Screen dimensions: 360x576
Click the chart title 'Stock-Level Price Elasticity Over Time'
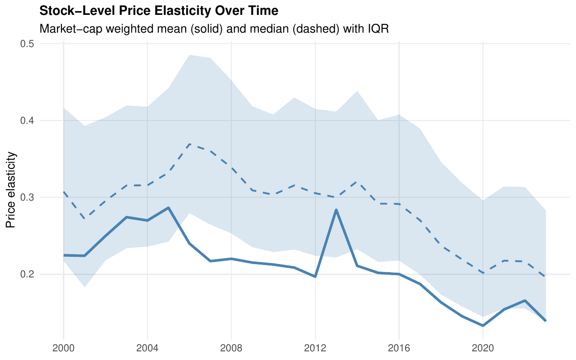[x=158, y=11]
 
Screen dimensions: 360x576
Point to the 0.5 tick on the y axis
[x=29, y=44]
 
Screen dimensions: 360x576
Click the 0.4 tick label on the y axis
[x=29, y=120]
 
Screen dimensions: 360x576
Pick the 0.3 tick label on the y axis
[x=29, y=197]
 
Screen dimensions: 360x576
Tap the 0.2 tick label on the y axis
[x=29, y=274]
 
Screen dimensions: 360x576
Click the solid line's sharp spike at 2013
[x=336, y=210]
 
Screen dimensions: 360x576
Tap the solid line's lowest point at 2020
[x=483, y=325]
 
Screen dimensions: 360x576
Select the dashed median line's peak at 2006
[x=190, y=144]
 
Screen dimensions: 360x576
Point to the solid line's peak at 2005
[x=168, y=208]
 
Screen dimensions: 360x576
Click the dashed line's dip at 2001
[x=84, y=219]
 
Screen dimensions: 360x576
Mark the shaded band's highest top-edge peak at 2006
[x=190, y=55]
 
